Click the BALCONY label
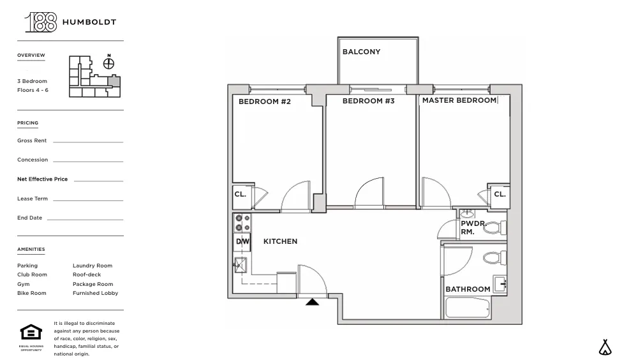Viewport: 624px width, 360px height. [361, 52]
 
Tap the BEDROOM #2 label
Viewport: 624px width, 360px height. [264, 101]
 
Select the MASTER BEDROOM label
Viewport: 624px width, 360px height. [459, 100]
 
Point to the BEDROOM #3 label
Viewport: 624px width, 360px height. [368, 101]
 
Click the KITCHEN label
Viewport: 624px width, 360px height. [280, 241]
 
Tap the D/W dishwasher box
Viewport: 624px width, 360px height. [242, 241]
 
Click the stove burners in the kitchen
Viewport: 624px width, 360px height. [242, 222]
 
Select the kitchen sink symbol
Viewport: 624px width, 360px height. [241, 264]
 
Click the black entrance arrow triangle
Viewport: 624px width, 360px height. [312, 301]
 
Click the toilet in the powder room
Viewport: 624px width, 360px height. [494, 227]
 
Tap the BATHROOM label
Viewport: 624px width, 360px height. [468, 289]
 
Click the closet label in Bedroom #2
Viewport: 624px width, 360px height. [240, 195]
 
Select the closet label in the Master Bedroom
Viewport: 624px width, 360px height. [500, 194]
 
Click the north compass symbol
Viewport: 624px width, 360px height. [109, 63]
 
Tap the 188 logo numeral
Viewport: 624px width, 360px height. [40, 22]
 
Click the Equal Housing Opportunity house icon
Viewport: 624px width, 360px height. [31, 333]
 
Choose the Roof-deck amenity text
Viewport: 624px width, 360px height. [86, 274]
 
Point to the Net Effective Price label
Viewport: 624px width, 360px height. [42, 179]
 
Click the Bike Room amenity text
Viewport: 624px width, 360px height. [31, 293]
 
